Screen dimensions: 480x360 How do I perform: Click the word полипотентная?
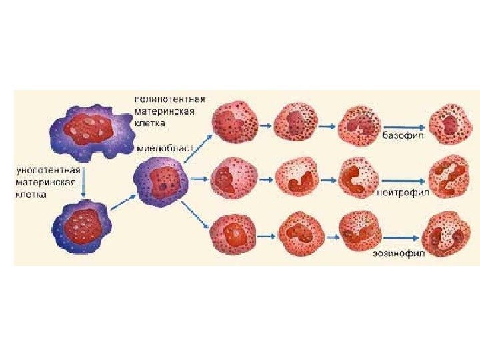170,99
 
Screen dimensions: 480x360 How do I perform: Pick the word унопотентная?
45,170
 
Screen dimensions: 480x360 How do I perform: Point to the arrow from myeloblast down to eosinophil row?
197,215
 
